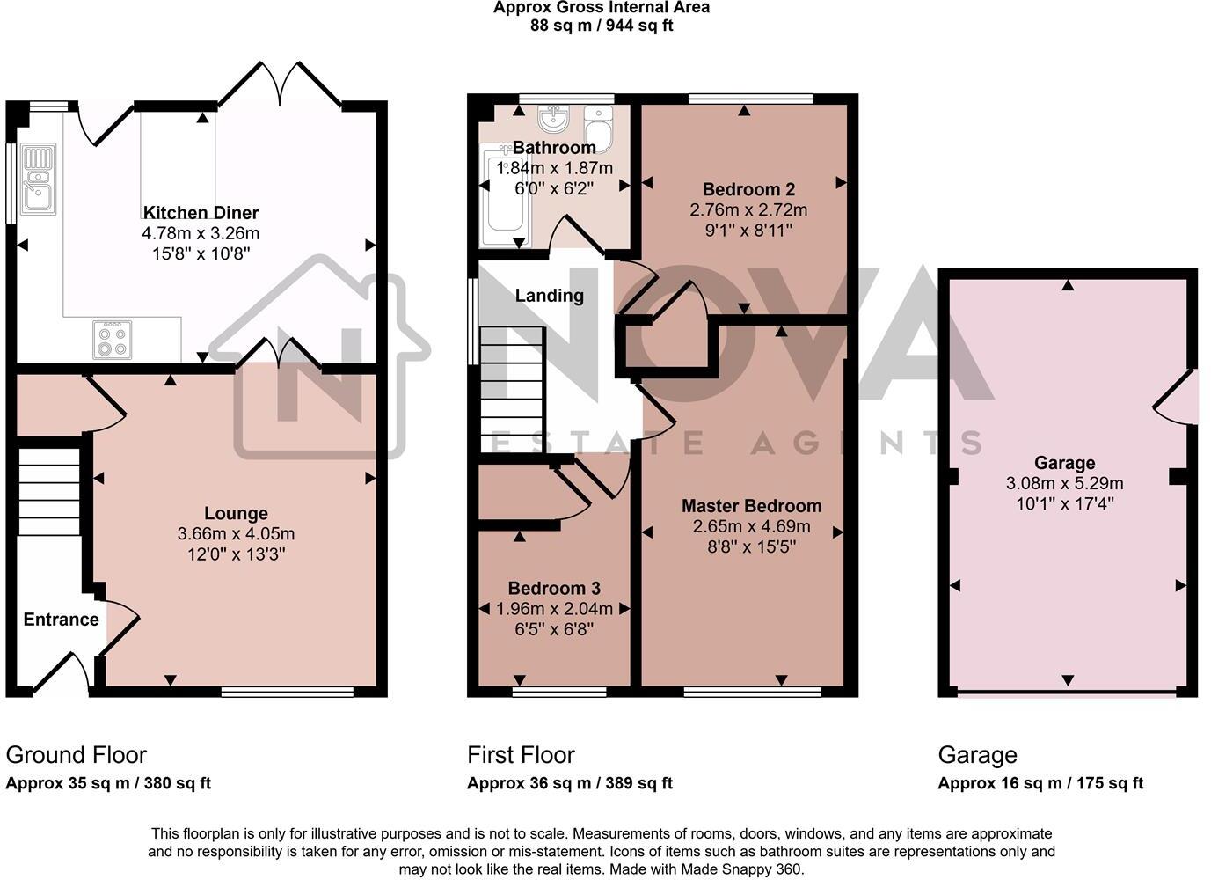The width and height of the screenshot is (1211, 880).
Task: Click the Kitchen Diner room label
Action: coord(201,212)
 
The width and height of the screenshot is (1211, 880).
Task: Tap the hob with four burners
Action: coord(113,340)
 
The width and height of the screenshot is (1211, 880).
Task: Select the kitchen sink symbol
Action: coord(37,180)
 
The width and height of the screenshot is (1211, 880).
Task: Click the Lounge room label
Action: coord(236,513)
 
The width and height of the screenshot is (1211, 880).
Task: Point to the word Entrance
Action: coord(61,620)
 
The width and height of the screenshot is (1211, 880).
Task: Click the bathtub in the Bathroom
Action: coord(506,198)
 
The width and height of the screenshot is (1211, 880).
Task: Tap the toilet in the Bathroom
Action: coord(598,129)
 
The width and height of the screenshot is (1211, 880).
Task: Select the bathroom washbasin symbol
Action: coord(555,118)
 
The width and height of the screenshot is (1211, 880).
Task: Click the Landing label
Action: coord(549,296)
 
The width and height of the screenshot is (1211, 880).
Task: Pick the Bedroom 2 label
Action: coord(748,189)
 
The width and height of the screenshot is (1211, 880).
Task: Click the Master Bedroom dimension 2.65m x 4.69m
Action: coord(751,526)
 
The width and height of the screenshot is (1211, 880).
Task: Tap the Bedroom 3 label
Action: coord(554,588)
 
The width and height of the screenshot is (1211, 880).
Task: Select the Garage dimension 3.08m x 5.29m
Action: coord(1064,483)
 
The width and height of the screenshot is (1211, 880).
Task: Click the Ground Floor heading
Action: coord(76,755)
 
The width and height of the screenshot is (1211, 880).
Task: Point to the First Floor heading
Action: coord(521,755)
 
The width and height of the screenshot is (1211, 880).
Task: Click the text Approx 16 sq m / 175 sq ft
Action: coord(1040,783)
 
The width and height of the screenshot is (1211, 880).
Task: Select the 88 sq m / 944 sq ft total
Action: coord(602,26)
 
